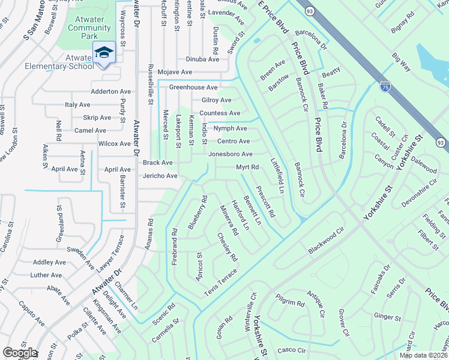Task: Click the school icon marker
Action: [x=104, y=53]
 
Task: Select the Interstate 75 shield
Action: [x=384, y=87]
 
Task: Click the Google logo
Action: [x=20, y=353]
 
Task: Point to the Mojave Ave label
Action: [x=175, y=72]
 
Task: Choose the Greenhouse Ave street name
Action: [x=193, y=87]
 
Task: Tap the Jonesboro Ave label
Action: [x=230, y=154]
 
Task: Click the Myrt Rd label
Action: [x=247, y=167]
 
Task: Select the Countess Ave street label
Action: [x=220, y=113]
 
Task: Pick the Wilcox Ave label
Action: [x=115, y=144]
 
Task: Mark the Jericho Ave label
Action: [x=160, y=176]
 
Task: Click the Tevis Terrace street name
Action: [x=220, y=281]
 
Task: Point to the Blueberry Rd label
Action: [x=197, y=212]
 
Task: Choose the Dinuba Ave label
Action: [x=202, y=59]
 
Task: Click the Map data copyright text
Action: [x=423, y=355]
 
